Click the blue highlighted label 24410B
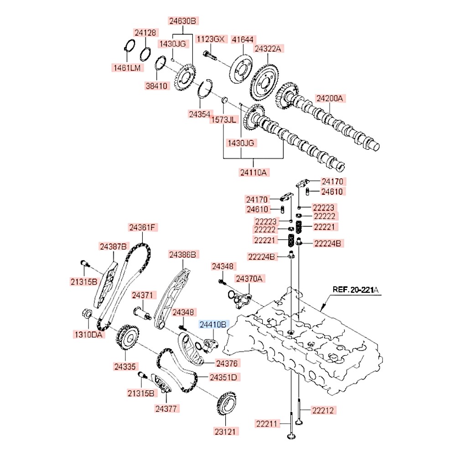point(212,325)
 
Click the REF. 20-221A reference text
point(355,289)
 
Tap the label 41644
point(243,39)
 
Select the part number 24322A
point(269,48)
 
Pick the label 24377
point(166,408)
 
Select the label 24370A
point(249,278)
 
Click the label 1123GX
point(210,39)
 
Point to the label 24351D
point(223,377)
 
